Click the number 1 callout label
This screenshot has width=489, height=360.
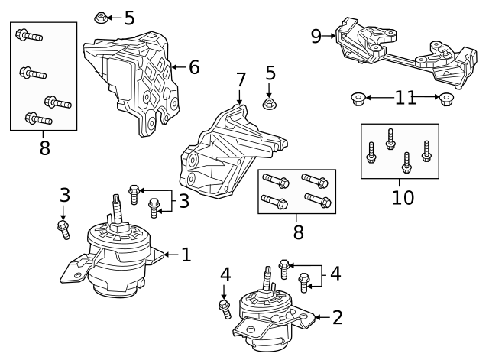(186, 254)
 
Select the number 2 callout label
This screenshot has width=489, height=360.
(338, 316)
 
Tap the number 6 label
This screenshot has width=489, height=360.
(194, 67)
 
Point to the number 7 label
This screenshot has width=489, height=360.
(241, 79)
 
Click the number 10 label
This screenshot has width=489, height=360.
(403, 197)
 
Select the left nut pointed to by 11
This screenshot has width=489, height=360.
(357, 98)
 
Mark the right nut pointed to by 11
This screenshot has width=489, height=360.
(447, 98)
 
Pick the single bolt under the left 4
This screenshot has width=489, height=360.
(225, 309)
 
